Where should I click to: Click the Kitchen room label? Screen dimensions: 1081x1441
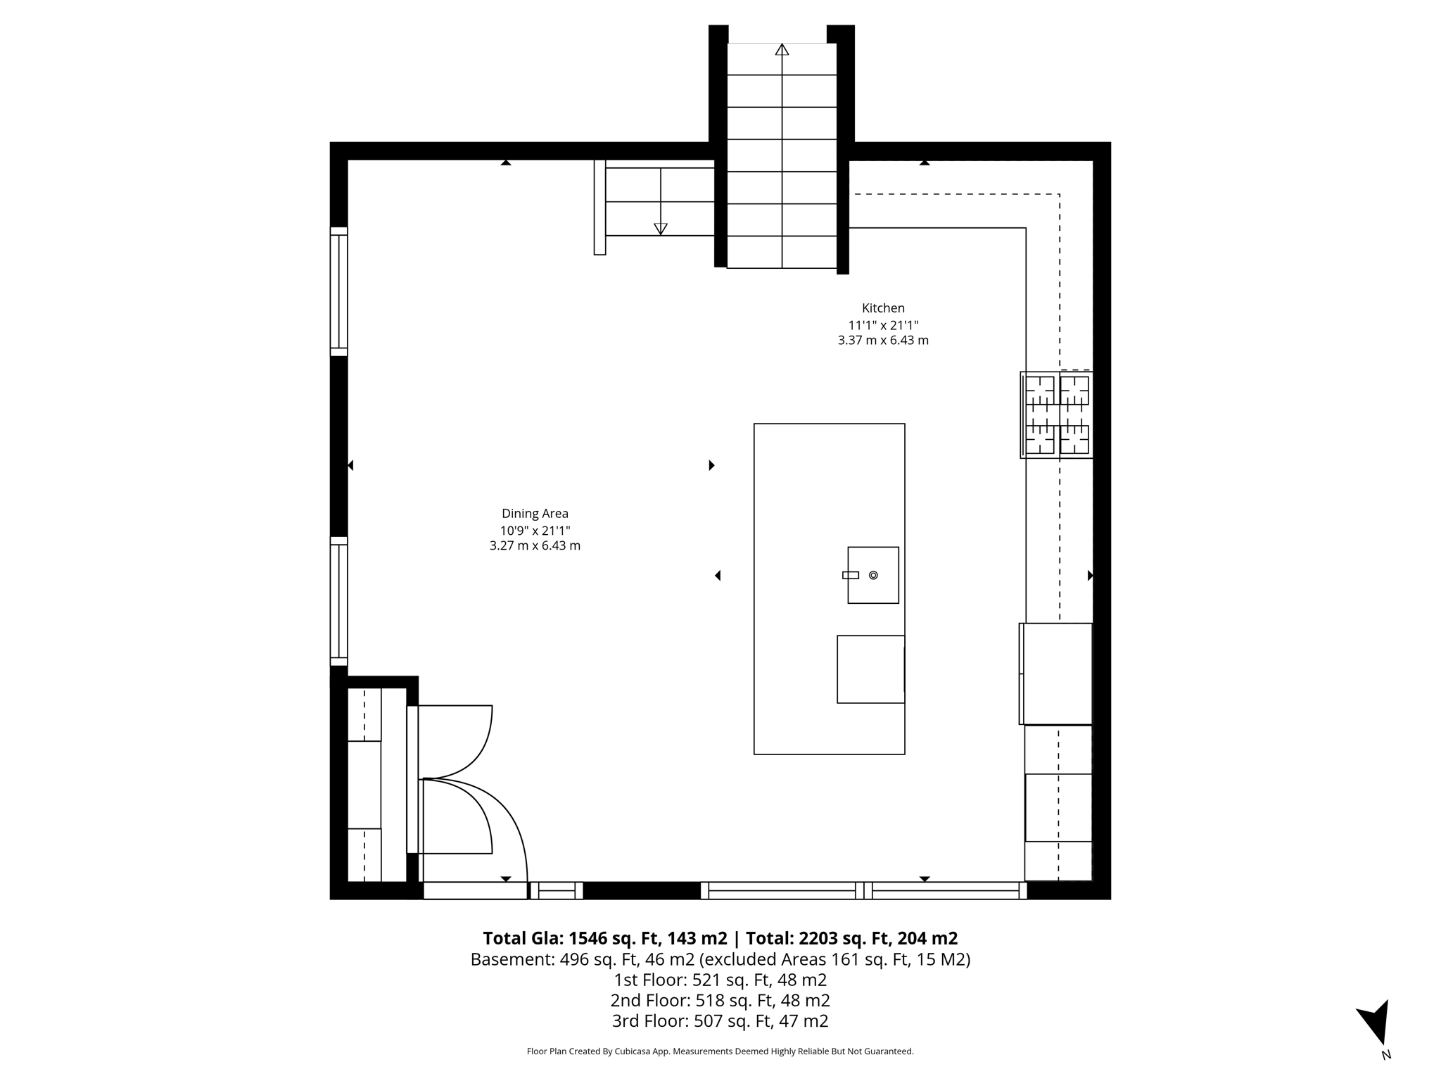coord(883,308)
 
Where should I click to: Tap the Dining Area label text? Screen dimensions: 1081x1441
coord(535,514)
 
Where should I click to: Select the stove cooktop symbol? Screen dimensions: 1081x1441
coord(1057,415)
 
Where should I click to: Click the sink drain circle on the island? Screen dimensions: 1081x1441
coord(873,575)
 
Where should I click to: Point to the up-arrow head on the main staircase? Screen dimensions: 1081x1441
coord(782,49)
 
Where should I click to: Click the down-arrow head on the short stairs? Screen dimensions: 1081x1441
coord(660,229)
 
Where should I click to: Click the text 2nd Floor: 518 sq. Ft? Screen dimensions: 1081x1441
coord(720,1000)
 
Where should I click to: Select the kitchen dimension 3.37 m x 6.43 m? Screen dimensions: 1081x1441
coord(883,341)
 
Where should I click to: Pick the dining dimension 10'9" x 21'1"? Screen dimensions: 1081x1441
coord(535,531)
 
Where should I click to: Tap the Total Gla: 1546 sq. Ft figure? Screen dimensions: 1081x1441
coord(605,938)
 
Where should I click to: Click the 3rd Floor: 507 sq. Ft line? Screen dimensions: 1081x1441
coord(720,1020)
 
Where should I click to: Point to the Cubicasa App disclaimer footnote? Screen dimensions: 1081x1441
coord(720,1051)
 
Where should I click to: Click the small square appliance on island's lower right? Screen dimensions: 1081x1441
coord(870,669)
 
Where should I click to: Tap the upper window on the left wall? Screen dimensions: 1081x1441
coord(339,291)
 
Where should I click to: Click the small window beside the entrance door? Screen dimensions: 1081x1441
coord(557,890)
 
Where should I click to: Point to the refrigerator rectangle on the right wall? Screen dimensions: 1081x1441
coord(1056,674)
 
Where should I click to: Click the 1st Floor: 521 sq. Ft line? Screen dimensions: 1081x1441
coord(720,980)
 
